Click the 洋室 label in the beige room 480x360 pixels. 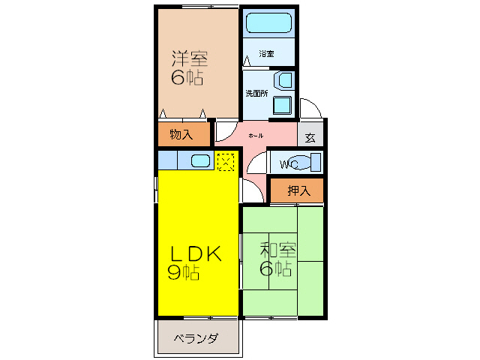tap(190, 58)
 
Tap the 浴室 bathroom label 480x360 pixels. tap(266, 54)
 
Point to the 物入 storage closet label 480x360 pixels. tap(180, 135)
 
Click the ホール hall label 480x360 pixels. tap(256, 136)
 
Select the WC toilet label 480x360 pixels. tap(289, 164)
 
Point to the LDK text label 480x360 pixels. tap(194, 254)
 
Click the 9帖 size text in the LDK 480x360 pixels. tap(184, 273)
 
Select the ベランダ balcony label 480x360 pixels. tap(196, 339)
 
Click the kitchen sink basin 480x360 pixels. tap(201, 160)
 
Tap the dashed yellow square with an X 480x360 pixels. tap(225, 160)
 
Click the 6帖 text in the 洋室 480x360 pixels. tap(187, 77)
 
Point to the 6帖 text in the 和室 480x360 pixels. tap(276, 268)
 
